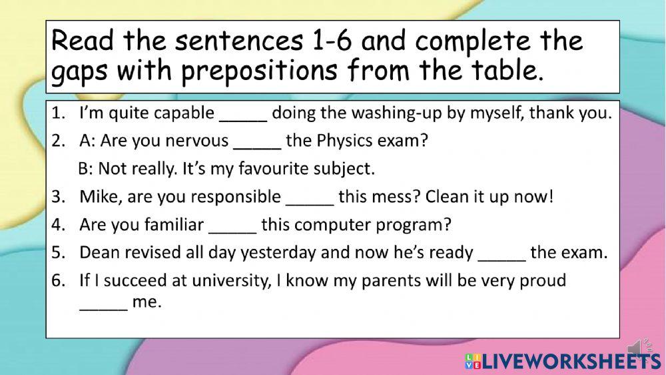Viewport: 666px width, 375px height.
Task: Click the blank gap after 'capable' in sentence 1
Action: pos(243,114)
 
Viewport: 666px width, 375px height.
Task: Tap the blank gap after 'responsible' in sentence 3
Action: pos(309,198)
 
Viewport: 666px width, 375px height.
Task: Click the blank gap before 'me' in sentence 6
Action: pos(103,303)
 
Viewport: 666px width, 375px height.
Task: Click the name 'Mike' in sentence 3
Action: pos(96,198)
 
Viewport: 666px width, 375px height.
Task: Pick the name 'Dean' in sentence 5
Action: pos(97,253)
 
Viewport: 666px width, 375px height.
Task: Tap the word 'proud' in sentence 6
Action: pos(544,281)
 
